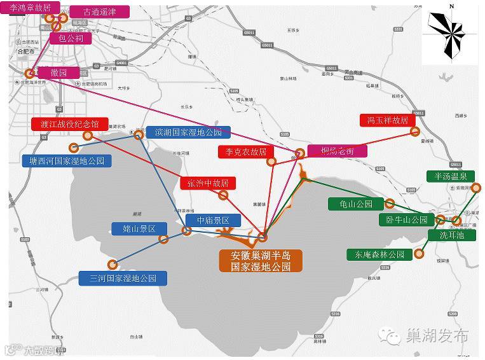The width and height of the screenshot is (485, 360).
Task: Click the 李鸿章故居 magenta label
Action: click(x=31, y=8)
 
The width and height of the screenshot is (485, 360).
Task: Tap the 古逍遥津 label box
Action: click(x=99, y=11)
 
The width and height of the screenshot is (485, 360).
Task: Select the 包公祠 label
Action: click(x=71, y=38)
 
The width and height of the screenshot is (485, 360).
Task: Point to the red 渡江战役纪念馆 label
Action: click(x=70, y=123)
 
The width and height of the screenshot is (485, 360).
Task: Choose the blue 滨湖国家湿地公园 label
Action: click(x=188, y=132)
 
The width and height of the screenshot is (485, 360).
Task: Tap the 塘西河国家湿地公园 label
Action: click(x=66, y=161)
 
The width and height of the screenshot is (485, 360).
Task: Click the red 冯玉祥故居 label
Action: click(x=387, y=120)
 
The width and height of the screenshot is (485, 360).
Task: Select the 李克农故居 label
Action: click(x=246, y=151)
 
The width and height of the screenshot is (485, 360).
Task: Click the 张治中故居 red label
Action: click(x=208, y=183)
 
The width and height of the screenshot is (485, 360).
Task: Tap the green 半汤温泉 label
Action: click(x=451, y=176)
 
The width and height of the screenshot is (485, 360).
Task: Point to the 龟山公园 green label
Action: click(x=355, y=204)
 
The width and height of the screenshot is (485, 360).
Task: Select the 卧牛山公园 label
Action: click(x=406, y=220)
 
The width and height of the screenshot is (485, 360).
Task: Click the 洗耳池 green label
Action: click(x=452, y=235)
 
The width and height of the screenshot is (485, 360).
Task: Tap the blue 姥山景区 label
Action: click(x=139, y=228)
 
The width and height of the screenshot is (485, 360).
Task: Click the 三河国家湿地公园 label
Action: click(x=123, y=277)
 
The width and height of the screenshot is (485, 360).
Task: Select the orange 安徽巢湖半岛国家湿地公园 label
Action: click(x=261, y=261)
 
